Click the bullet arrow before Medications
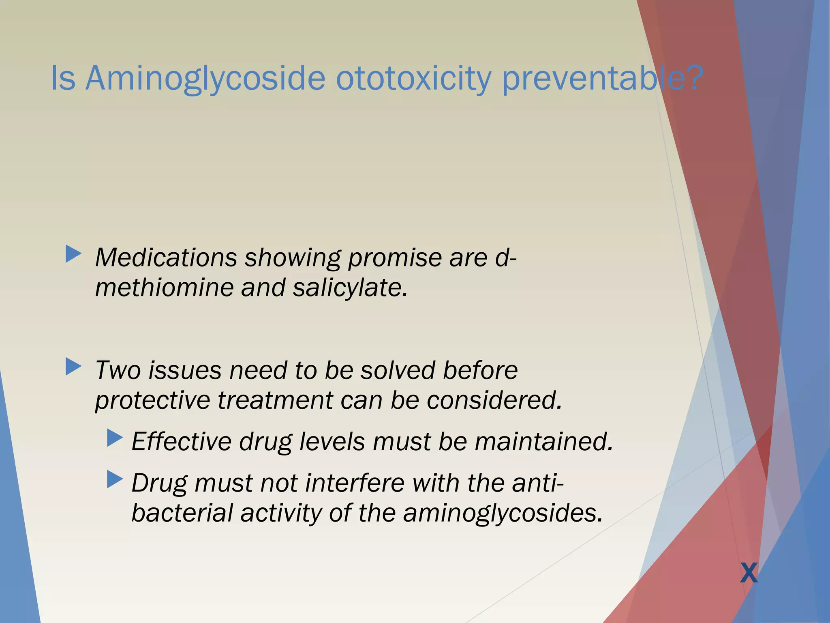click(73, 254)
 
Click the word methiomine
click(164, 288)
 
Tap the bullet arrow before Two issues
click(73, 367)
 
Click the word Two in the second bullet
click(118, 370)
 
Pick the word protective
click(152, 400)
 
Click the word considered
click(494, 400)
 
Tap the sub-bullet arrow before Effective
click(115, 438)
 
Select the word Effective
click(181, 441)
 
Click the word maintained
click(543, 441)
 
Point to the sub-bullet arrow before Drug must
click(115, 479)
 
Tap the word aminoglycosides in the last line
click(503, 513)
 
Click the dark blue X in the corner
click(749, 573)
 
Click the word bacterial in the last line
click(182, 513)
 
